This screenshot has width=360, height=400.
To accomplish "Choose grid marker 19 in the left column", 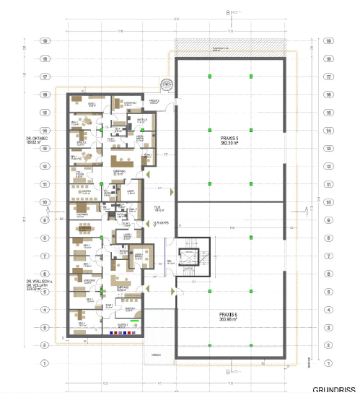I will tap(45, 41).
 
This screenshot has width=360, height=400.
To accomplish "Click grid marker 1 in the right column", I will tap(328, 363).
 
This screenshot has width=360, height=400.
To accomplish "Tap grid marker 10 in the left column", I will tap(45, 202).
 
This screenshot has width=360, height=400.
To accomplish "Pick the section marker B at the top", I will tap(228, 12).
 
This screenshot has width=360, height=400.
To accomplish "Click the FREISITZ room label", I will tap(154, 102).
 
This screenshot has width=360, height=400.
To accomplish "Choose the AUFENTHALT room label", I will tap(130, 104).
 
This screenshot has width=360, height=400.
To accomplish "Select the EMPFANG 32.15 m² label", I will tap(120, 173).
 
